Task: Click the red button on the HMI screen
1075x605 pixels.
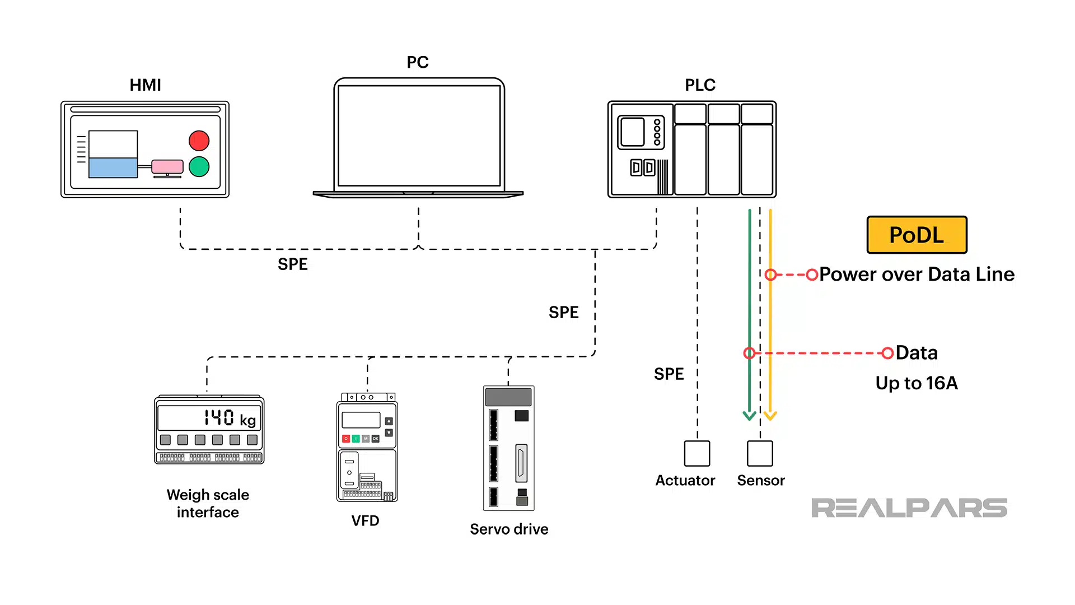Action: pos(199,141)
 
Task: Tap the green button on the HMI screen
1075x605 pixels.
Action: pos(199,166)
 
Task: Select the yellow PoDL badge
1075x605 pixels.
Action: pos(917,235)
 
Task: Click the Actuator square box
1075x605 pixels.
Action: pos(697,453)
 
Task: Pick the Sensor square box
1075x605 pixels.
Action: pos(760,453)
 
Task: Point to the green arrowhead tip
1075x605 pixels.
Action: pos(749,419)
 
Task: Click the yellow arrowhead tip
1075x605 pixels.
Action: pos(770,419)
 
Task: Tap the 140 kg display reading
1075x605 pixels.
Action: pos(230,418)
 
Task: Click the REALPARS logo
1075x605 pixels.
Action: pos(909,508)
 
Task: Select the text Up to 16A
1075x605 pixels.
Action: pos(917,383)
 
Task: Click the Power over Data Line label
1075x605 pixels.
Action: pos(917,274)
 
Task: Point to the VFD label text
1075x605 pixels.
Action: pos(365,521)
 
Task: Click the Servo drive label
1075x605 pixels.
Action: pos(509,529)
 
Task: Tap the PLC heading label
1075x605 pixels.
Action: pos(700,85)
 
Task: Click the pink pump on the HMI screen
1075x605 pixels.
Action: pos(167,166)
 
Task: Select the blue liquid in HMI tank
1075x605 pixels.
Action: pos(113,167)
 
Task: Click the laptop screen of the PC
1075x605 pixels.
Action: pos(419,136)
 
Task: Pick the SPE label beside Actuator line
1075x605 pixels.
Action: pos(669,374)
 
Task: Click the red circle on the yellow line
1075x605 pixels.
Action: pos(770,274)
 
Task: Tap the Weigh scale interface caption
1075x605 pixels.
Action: pos(208,504)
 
